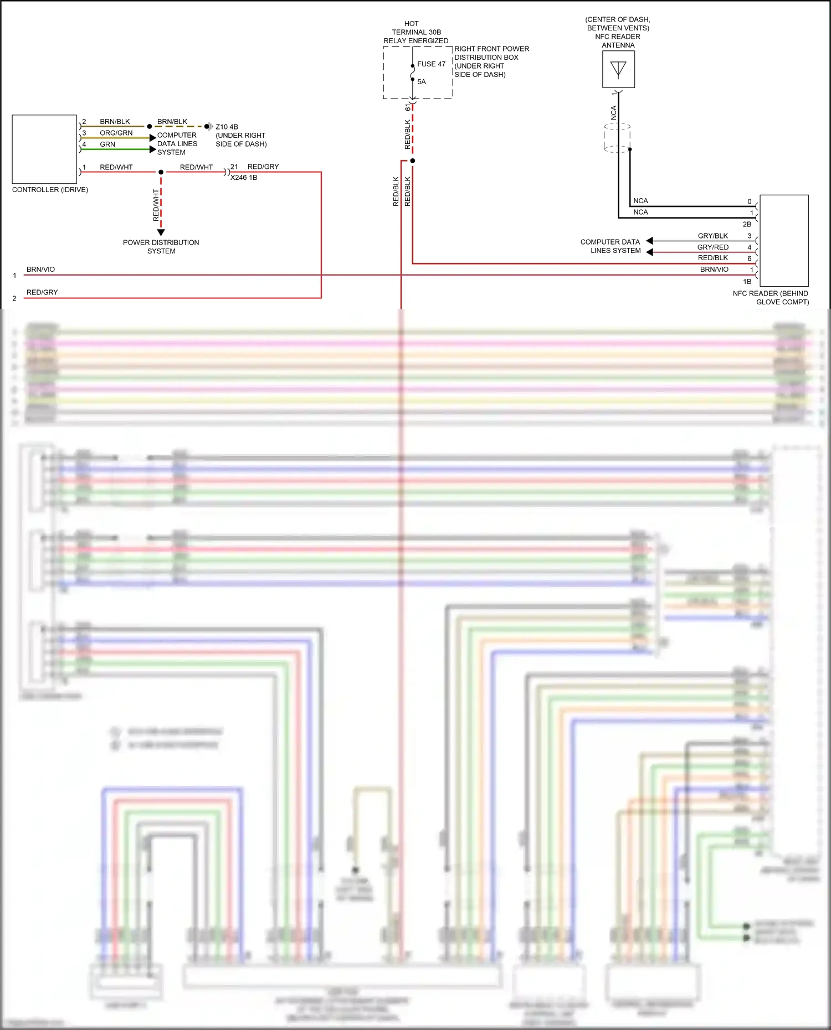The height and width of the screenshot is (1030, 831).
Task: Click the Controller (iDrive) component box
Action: [x=44, y=149]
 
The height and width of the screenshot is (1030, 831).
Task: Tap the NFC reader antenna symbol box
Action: [x=618, y=69]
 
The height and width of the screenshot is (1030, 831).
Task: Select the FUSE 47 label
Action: [x=431, y=64]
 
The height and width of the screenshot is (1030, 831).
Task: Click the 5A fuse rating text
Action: [x=422, y=82]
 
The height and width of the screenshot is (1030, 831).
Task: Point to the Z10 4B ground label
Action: [x=227, y=127]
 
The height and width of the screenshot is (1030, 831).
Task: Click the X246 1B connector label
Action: [x=244, y=178]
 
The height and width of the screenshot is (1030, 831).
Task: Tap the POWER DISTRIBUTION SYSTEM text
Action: [x=161, y=247]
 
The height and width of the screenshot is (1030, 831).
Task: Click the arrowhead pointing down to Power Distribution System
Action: [x=161, y=232]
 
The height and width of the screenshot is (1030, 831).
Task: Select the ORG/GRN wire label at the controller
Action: [x=116, y=133]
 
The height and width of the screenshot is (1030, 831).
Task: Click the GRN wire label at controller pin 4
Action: [x=107, y=144]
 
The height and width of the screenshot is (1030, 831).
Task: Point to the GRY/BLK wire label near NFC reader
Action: [x=712, y=236]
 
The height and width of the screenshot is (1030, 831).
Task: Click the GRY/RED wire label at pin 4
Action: [x=712, y=247]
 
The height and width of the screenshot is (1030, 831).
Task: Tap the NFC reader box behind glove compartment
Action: [x=784, y=240]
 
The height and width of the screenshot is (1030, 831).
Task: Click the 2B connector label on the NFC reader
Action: [x=747, y=224]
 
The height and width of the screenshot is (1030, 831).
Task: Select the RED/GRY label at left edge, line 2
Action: [x=42, y=292]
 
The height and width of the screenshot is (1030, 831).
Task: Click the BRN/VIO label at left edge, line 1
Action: [x=40, y=270]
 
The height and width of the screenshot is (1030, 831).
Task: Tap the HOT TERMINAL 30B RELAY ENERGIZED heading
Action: [x=416, y=32]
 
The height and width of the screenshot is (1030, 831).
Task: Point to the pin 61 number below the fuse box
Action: [x=408, y=107]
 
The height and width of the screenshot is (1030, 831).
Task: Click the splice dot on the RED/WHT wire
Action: [x=161, y=172]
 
